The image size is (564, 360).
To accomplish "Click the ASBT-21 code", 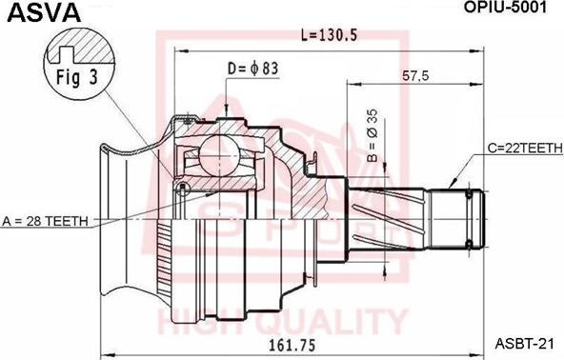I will tap(522, 345).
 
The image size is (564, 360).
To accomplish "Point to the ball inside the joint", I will tap(222, 155).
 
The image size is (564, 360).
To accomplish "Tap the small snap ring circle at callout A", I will tap(181, 188).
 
